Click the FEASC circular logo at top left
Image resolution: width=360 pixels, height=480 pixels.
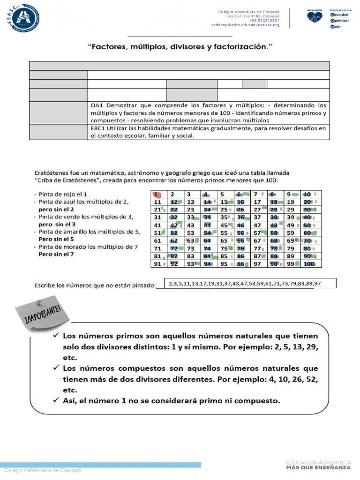[23, 20]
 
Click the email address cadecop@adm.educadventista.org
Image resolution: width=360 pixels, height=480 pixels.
[245, 25]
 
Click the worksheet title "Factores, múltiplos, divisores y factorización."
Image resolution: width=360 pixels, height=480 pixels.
[180, 47]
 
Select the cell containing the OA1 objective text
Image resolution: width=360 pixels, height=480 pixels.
[208, 112]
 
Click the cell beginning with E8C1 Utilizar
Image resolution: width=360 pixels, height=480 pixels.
[208, 132]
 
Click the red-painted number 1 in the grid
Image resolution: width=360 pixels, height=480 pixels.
[158, 194]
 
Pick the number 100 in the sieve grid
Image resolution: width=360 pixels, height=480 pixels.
[308, 264]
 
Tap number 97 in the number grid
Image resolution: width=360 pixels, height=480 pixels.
[256, 264]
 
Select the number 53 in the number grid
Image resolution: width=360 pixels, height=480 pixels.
[190, 232]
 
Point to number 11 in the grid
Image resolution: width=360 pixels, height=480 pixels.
[157, 202]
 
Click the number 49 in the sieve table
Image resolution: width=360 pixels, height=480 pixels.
[290, 225]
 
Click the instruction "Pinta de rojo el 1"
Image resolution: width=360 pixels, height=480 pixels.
[60, 194]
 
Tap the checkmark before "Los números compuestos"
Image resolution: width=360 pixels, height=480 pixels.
[56, 368]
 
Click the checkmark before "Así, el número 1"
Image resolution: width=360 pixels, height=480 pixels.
[56, 401]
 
